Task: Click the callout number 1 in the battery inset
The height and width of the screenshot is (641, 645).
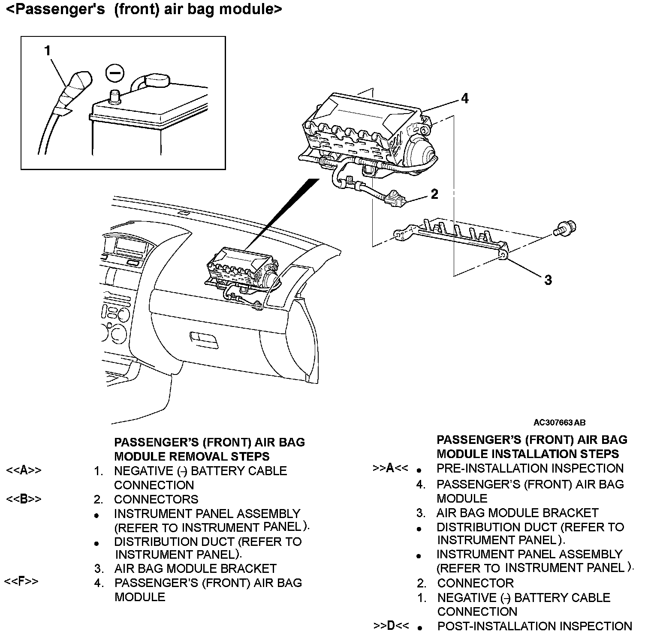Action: click(48, 51)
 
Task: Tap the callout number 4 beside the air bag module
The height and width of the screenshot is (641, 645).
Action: click(465, 99)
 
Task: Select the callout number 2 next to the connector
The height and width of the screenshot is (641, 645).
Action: click(434, 194)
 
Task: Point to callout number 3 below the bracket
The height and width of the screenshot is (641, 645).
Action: click(548, 280)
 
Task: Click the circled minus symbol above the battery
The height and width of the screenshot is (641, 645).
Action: click(115, 73)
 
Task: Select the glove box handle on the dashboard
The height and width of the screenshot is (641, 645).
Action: click(204, 338)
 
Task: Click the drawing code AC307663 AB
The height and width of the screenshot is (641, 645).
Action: click(559, 422)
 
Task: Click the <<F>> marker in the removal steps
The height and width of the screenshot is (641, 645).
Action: click(21, 581)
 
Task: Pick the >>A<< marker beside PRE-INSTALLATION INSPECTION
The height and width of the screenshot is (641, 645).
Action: click(390, 468)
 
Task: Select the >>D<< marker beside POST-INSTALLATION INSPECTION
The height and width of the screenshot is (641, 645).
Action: click(390, 626)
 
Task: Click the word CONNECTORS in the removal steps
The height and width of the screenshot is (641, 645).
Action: click(156, 499)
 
